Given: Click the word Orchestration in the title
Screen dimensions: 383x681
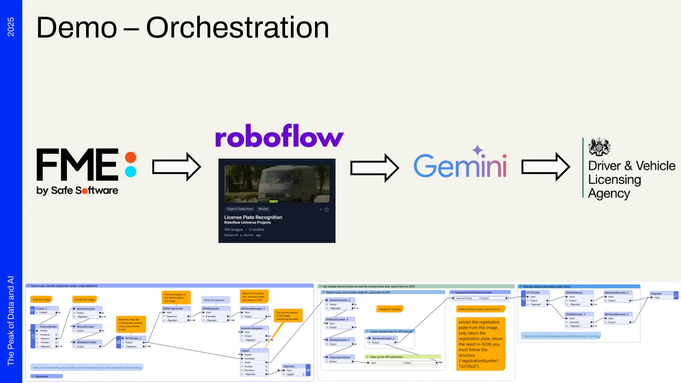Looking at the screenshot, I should (237, 28).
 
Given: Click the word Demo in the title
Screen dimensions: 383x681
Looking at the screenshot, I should (76, 28).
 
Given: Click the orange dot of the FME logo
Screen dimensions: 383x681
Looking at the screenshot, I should (131, 158).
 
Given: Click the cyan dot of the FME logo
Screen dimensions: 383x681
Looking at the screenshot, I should (131, 172).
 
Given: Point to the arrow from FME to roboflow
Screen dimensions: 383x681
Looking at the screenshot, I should (176, 167).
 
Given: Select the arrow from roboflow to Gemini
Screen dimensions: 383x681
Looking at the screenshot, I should (374, 168).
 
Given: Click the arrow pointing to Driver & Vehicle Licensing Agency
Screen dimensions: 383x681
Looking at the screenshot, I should (545, 167).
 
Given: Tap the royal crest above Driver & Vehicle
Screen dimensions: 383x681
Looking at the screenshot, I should (599, 147).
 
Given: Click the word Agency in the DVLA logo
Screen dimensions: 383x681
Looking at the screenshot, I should (609, 193).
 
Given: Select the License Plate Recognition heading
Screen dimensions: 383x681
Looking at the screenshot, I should (253, 217).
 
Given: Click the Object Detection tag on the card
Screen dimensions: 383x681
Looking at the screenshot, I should (239, 209).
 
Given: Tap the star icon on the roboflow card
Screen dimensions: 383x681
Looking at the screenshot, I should (327, 209).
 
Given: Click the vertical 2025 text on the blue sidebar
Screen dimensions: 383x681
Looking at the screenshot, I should (11, 27).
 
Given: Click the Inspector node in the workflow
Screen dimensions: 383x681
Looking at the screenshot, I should (662, 295).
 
